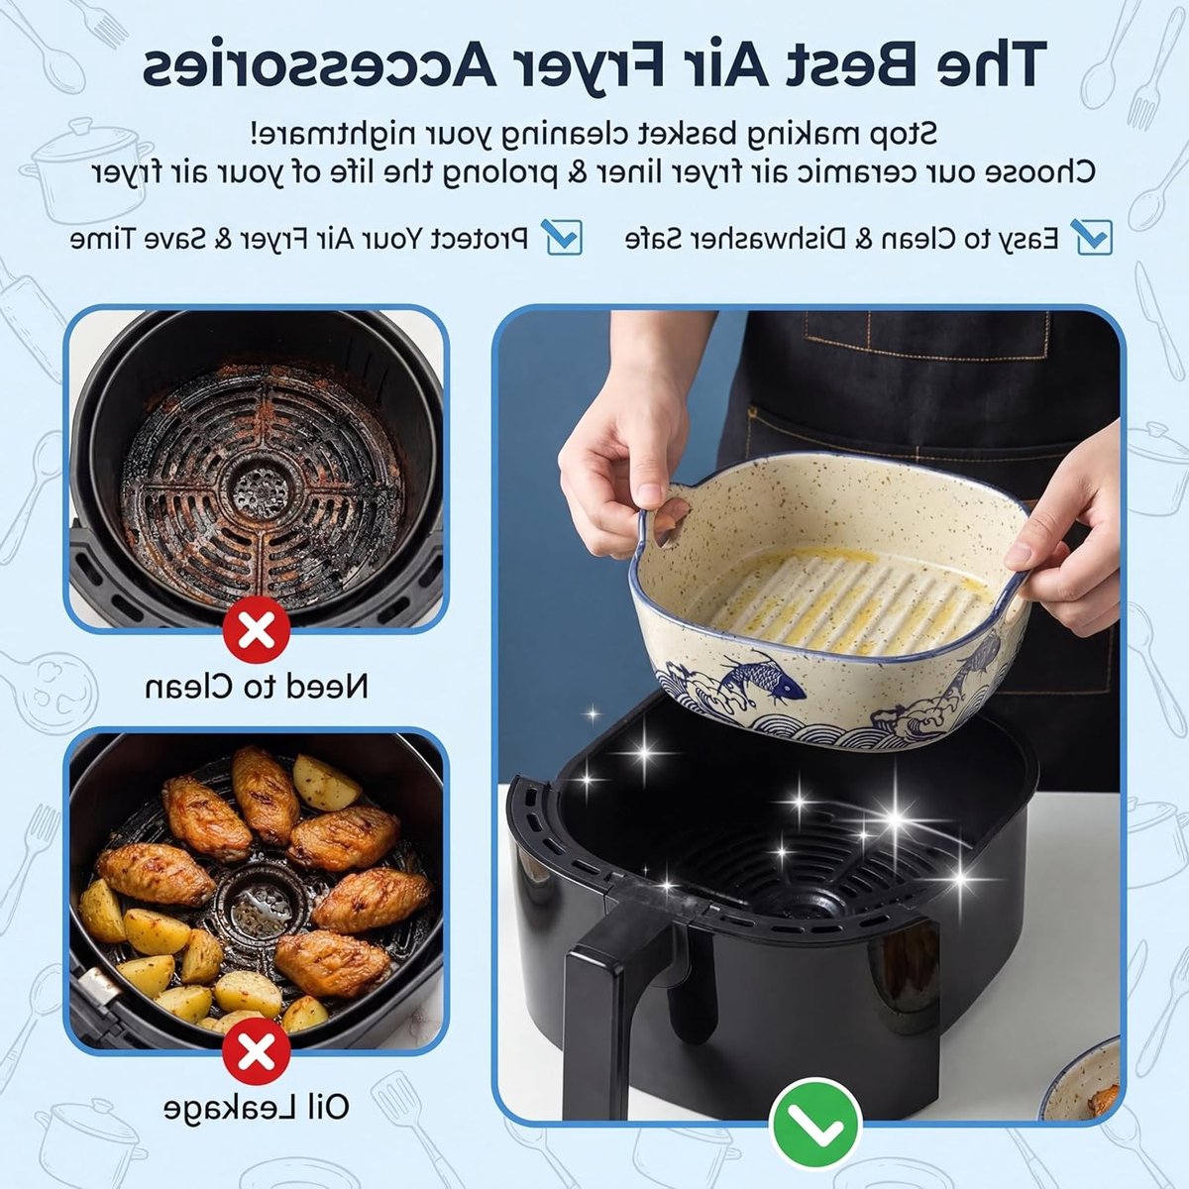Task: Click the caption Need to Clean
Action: coord(257,686)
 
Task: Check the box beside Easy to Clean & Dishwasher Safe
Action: coord(1094,237)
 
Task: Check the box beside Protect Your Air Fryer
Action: coord(564,237)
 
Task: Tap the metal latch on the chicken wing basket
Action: coord(98,986)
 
